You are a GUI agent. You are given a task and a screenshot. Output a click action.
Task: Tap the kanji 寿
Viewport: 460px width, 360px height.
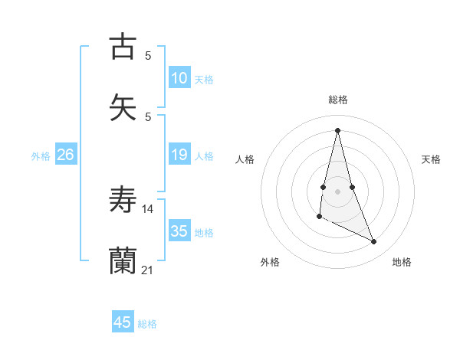click(123, 200)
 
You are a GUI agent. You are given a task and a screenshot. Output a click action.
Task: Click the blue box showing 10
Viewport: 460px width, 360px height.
click(179, 78)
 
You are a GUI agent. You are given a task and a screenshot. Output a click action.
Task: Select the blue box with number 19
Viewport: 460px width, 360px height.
click(179, 155)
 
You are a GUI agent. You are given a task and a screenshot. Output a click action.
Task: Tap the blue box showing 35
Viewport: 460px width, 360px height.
click(179, 231)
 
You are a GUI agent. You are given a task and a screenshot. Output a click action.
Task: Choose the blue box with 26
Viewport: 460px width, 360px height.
click(66, 155)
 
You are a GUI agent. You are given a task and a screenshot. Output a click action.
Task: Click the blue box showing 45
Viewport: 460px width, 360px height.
click(123, 322)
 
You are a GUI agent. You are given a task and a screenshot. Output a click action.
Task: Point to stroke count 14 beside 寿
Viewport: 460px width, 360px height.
click(148, 208)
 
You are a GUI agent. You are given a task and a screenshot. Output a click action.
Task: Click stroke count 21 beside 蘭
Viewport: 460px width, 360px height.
click(148, 270)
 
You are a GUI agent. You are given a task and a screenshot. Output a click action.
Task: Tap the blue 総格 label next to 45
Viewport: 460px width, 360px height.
click(147, 324)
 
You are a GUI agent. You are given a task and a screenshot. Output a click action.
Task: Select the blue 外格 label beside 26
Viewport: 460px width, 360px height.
click(41, 156)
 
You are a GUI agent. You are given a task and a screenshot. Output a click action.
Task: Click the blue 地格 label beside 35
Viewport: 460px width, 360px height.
click(204, 233)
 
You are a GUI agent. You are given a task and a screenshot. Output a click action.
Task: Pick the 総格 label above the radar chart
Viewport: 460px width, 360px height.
click(338, 100)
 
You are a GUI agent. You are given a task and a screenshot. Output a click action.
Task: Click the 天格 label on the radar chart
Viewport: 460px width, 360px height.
click(432, 159)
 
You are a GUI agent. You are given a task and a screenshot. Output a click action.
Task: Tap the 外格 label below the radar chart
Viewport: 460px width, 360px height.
click(270, 262)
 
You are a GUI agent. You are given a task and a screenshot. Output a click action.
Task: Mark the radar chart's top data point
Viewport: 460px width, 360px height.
click(337, 130)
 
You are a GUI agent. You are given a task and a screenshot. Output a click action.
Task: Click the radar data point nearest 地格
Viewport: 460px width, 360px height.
click(374, 242)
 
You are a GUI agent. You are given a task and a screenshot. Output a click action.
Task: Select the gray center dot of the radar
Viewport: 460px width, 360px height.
click(337, 191)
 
